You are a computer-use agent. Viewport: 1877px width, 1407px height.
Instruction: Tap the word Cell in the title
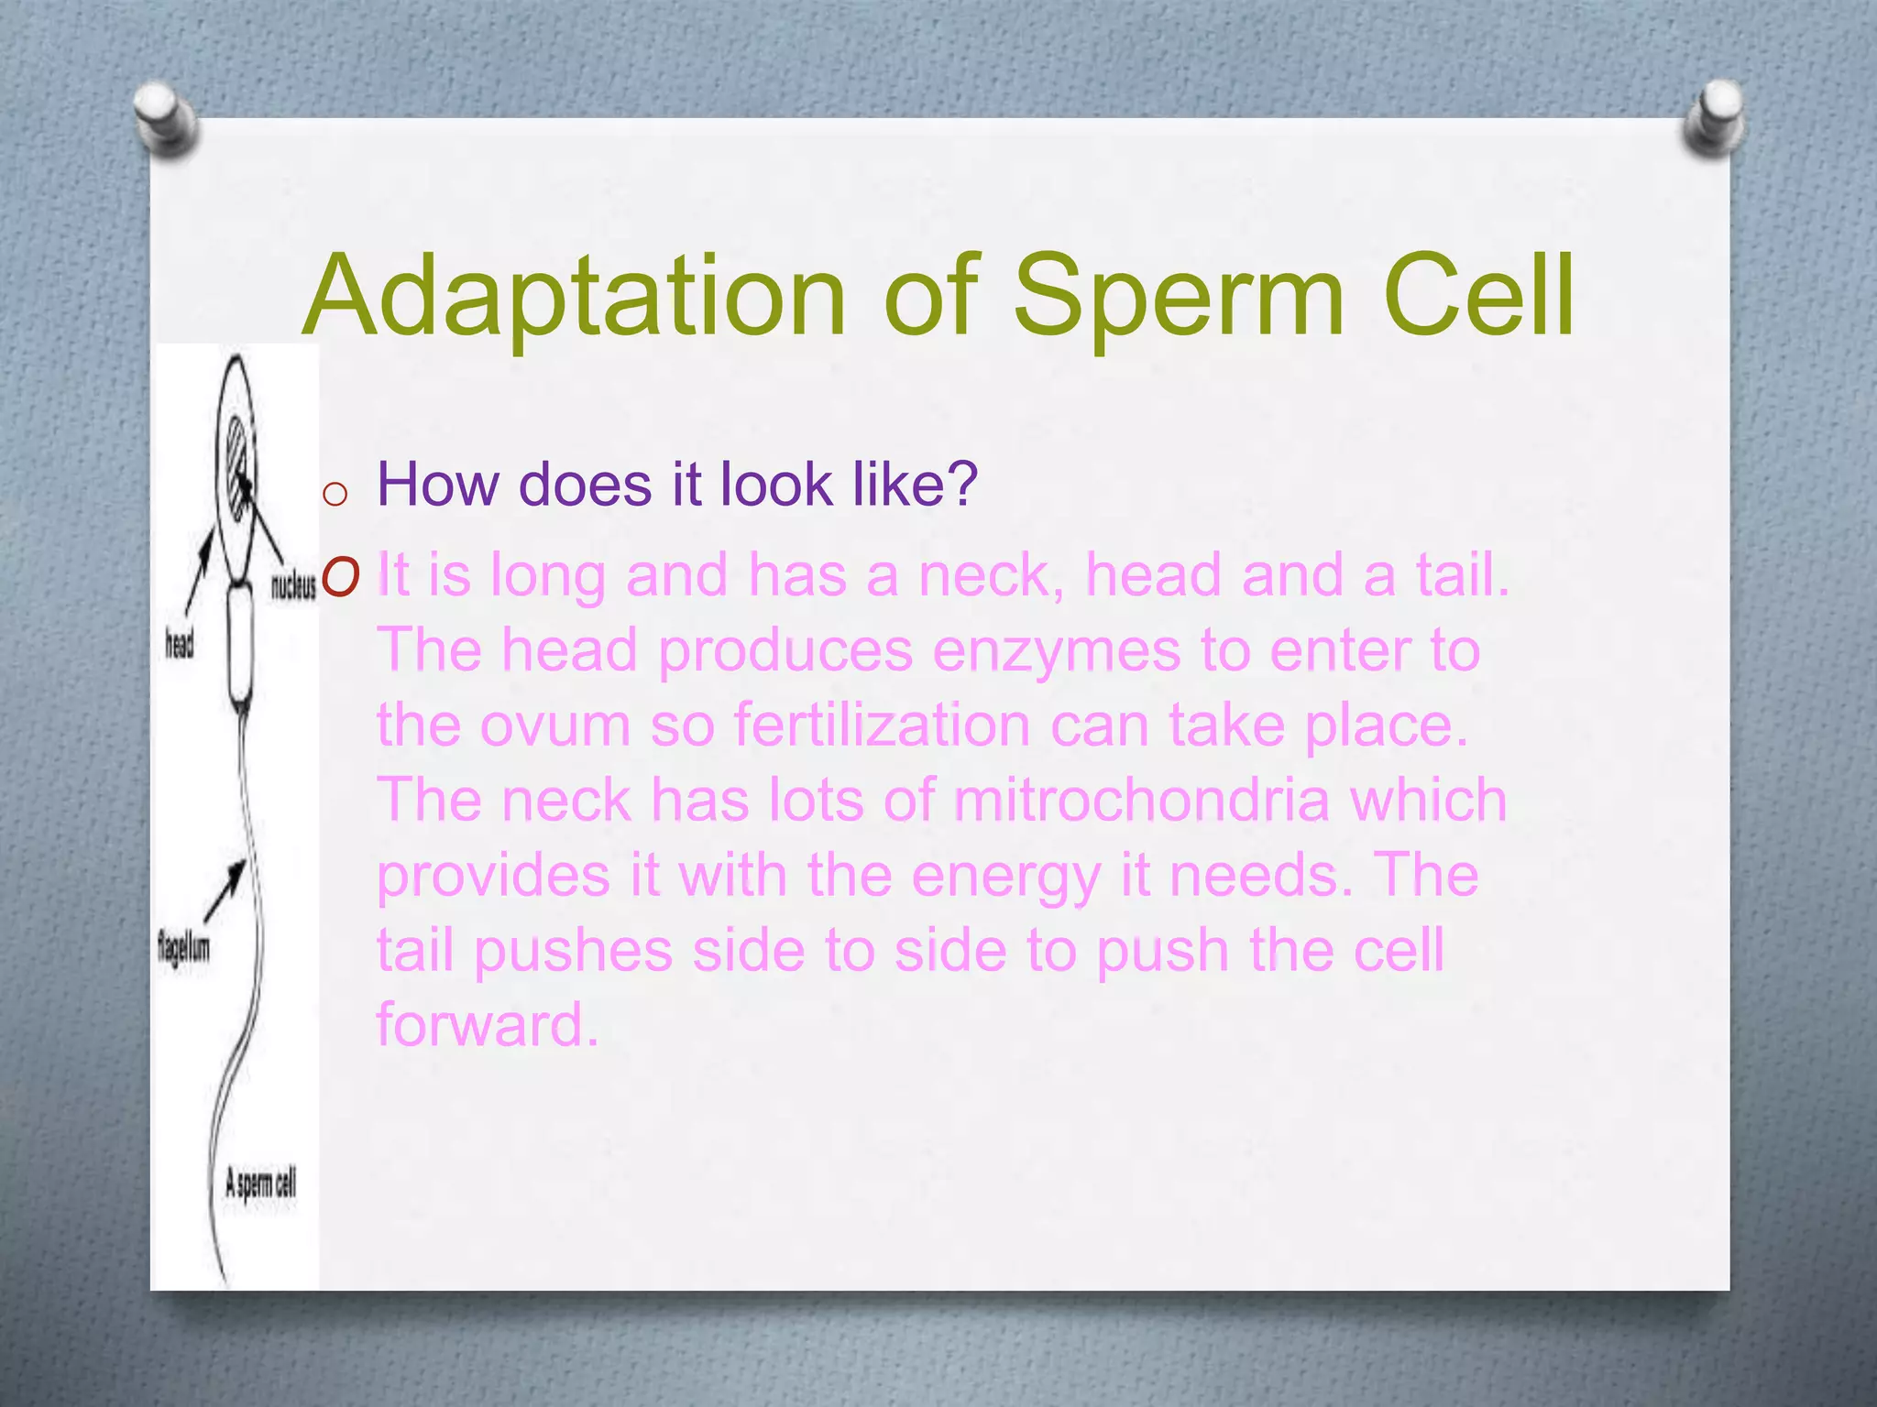(1478, 295)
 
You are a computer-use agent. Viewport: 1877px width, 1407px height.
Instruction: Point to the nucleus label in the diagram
(293, 586)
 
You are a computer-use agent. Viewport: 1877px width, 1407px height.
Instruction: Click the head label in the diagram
(180, 644)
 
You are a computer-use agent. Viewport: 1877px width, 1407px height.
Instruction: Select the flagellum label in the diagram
(183, 945)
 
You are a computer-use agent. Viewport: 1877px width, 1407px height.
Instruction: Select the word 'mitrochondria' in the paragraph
(1140, 800)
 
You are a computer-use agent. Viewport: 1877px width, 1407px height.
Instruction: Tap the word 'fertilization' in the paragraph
(882, 725)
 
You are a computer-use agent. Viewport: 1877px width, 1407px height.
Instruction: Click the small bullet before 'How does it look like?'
(335, 495)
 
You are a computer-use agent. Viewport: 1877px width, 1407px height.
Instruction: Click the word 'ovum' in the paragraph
(555, 725)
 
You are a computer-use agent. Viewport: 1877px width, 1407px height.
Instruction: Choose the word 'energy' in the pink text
(1005, 877)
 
